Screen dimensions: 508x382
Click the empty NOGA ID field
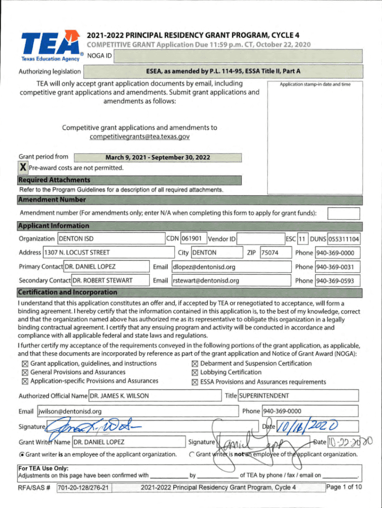pyautogui.click(x=238, y=56)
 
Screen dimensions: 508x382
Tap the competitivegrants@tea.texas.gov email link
pyautogui.click(x=139, y=136)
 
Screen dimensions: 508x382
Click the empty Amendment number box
pyautogui.click(x=343, y=213)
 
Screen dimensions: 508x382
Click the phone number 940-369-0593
pyautogui.click(x=337, y=280)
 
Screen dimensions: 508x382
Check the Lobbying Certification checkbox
pyautogui.click(x=194, y=373)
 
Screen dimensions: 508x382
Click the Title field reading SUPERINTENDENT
pyautogui.click(x=298, y=396)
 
